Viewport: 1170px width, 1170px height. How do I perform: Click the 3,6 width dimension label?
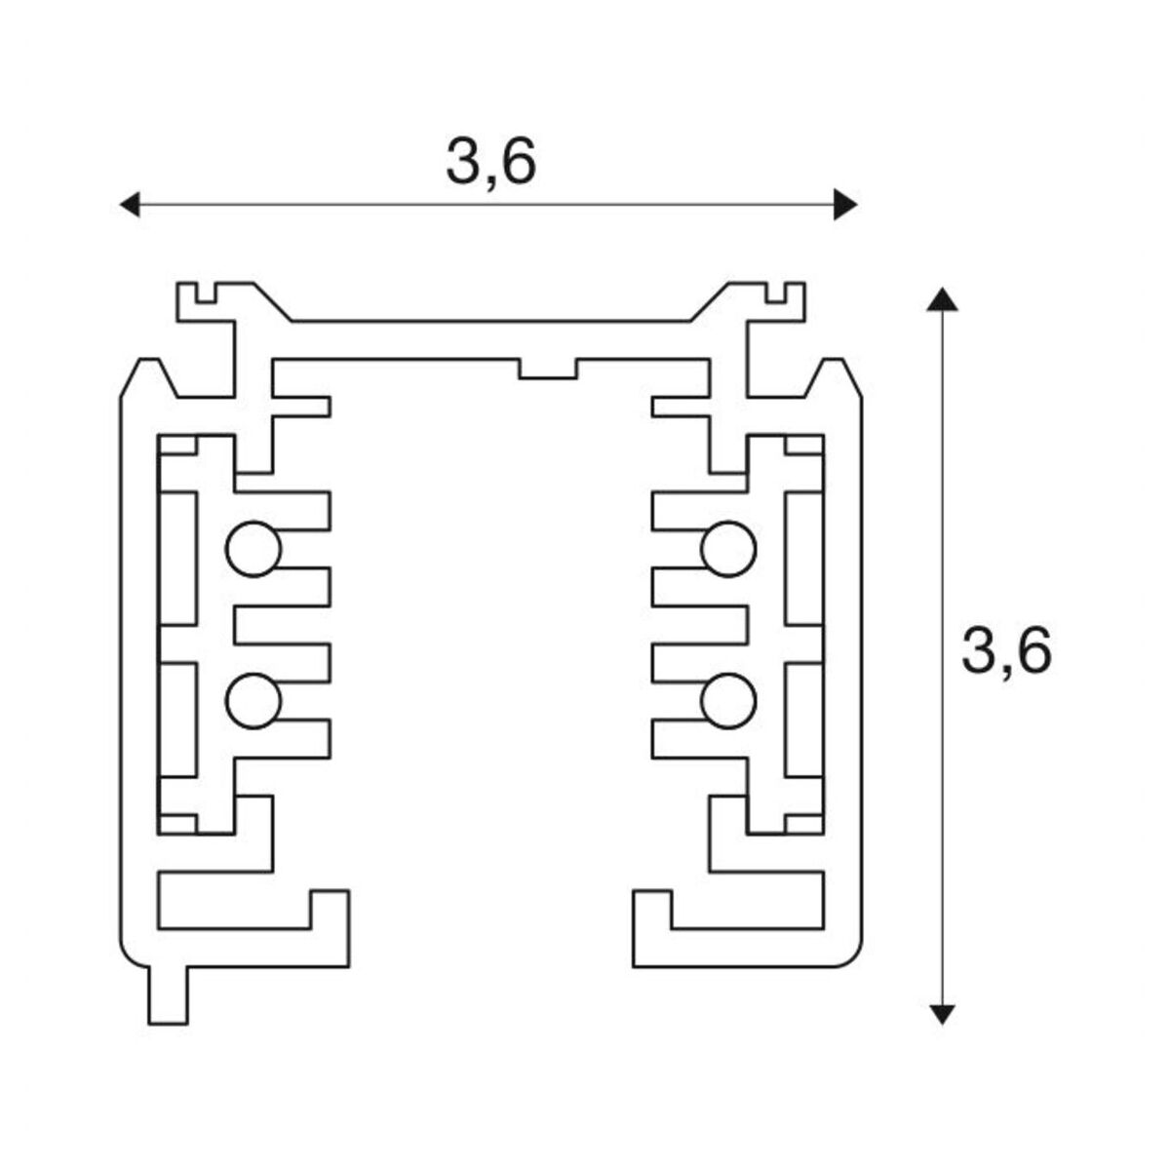point(490,163)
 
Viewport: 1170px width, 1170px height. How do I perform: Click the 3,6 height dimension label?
point(1006,651)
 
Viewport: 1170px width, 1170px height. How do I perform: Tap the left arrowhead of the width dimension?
point(128,205)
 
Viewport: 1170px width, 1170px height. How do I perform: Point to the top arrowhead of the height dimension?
point(941,298)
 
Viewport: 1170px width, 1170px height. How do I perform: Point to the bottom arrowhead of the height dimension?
point(941,1013)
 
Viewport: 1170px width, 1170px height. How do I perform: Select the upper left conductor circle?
point(253,549)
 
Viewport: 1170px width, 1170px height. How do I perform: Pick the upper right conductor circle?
point(728,549)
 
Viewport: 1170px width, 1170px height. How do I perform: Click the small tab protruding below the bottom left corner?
point(168,995)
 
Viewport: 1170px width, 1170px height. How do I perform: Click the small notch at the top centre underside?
point(548,369)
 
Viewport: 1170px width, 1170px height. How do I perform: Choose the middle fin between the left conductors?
point(283,625)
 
